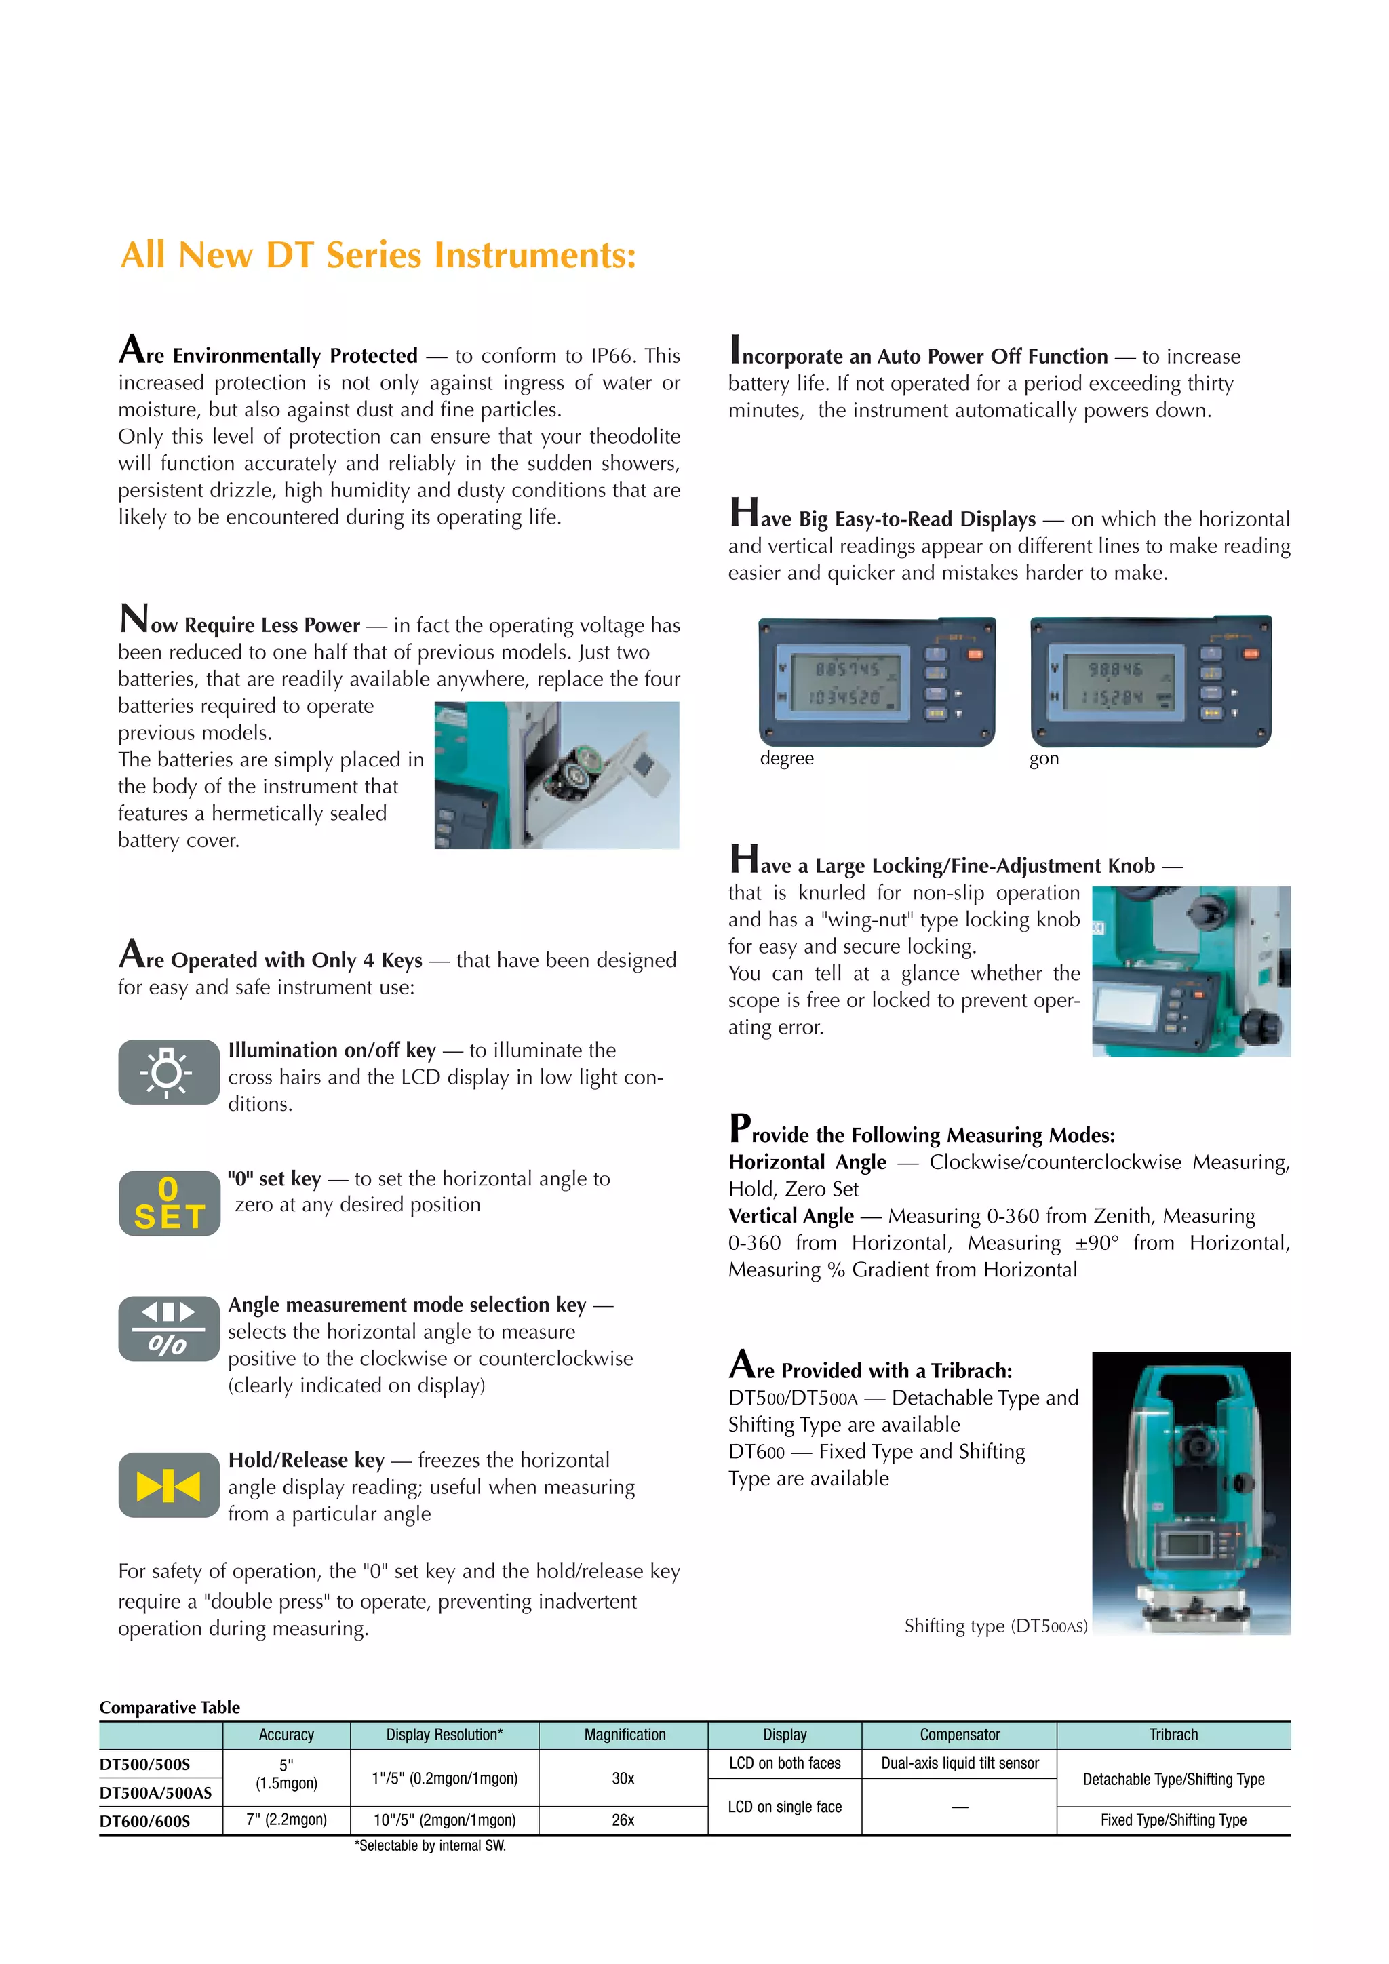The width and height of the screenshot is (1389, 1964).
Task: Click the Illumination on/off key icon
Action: coord(168,1072)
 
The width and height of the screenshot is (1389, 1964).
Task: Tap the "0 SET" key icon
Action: coord(168,1202)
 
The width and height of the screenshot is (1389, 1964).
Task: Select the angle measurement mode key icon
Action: coord(168,1328)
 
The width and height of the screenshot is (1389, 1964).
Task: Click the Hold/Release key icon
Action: coord(168,1486)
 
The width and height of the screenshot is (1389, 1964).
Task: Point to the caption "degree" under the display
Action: coord(786,759)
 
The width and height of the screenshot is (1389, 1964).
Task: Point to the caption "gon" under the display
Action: coord(1044,759)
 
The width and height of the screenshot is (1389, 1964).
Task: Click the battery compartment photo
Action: coord(557,775)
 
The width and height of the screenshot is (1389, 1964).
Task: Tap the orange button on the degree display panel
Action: coord(974,654)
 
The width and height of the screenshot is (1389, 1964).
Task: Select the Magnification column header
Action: coord(625,1735)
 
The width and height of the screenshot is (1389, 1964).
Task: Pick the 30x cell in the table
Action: coord(623,1778)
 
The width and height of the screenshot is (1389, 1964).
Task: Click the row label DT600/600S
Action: coord(144,1821)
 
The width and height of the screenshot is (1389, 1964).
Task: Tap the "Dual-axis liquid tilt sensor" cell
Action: coord(960,1763)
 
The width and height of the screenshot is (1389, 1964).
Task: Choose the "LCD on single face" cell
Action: coord(784,1807)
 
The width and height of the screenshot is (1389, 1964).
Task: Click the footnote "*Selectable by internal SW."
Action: coord(430,1846)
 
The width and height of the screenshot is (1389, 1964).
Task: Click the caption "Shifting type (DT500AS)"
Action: coord(996,1626)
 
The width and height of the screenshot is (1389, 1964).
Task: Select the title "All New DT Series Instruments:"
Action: coord(378,255)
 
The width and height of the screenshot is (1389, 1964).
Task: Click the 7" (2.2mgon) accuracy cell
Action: coord(286,1820)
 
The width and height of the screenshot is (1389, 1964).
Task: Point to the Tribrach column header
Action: coord(1173,1735)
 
